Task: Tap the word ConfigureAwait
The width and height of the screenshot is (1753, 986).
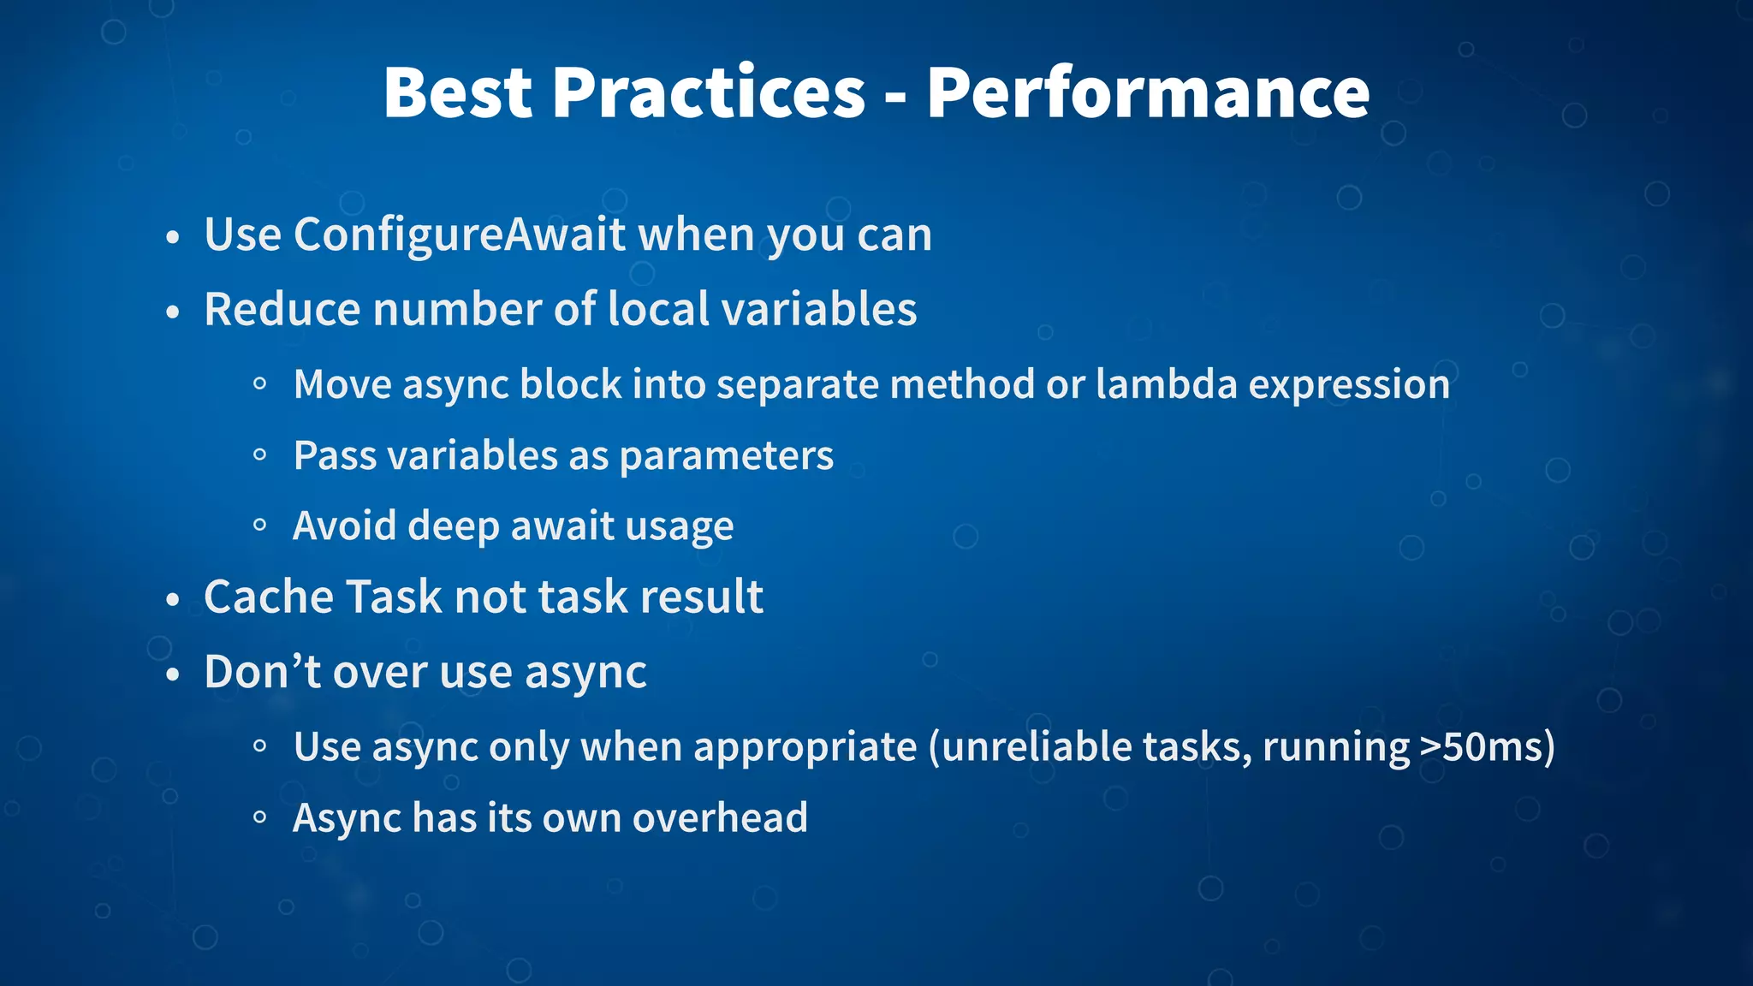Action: (460, 235)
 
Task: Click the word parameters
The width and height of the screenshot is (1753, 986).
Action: (726, 455)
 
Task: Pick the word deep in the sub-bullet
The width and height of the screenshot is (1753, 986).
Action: (453, 526)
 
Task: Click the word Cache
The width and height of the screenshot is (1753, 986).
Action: (267, 597)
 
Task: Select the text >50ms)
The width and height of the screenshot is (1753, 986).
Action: (1487, 746)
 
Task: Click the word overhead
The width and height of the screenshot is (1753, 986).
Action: (720, 817)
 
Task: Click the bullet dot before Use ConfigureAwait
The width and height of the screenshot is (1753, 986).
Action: (173, 238)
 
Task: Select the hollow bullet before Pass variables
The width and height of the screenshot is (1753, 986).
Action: (260, 456)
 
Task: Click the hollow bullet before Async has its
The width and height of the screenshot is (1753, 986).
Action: (260, 818)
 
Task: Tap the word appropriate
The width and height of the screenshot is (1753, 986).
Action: (805, 746)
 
